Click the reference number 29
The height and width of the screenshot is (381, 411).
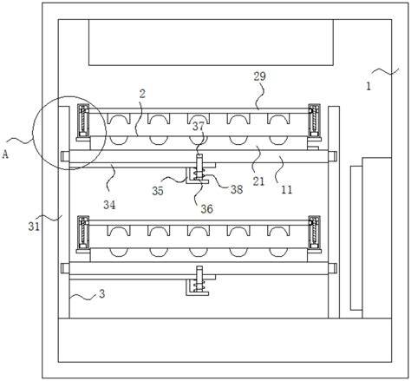click(259, 76)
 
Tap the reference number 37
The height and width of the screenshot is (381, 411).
click(199, 127)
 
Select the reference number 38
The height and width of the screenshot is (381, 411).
click(237, 189)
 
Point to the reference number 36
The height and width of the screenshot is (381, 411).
click(206, 209)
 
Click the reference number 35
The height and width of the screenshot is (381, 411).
click(158, 191)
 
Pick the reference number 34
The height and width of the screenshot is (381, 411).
click(109, 205)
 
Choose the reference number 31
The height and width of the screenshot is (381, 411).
click(34, 227)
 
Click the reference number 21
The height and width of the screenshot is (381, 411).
click(258, 181)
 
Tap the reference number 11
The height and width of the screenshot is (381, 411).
click(286, 190)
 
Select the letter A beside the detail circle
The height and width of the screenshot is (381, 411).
click(5, 154)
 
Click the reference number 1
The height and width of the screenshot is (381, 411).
click(369, 86)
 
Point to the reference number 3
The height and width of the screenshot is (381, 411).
click(101, 294)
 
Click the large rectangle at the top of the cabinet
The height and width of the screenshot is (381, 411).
click(211, 43)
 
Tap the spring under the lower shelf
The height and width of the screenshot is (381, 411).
click(199, 286)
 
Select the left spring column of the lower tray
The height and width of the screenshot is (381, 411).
click(83, 233)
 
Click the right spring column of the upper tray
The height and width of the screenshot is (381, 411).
click(314, 121)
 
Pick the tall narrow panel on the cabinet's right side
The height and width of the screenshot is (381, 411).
click(356, 238)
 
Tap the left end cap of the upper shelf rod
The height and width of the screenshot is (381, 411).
click(65, 156)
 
